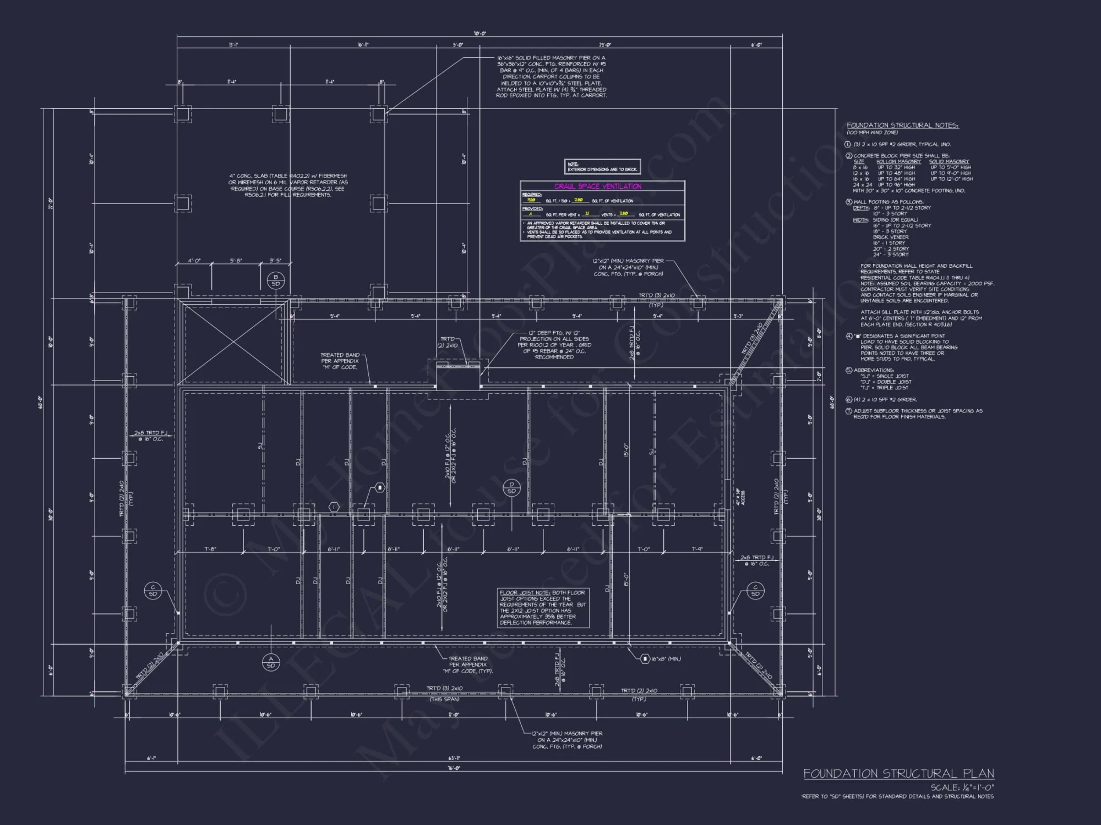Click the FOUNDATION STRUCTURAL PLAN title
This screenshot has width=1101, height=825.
(x=898, y=773)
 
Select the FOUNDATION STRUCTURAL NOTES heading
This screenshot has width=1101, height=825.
(x=902, y=125)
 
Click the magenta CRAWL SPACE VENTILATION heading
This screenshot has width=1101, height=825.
(x=597, y=186)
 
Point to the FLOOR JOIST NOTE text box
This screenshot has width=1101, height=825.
(x=543, y=607)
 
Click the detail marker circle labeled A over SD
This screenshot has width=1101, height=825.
(x=271, y=662)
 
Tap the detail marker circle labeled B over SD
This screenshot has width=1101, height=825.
(x=276, y=280)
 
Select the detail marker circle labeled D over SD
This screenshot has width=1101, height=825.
(x=511, y=488)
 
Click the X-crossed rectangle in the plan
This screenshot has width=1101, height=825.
(x=235, y=344)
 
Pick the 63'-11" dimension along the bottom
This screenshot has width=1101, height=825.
(x=454, y=758)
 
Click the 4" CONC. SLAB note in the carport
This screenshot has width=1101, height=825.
(x=288, y=185)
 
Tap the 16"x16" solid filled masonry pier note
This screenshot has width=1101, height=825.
(x=551, y=76)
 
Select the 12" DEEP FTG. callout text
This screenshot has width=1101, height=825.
(x=554, y=345)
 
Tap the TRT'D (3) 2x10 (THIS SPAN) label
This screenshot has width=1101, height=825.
(x=444, y=693)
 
